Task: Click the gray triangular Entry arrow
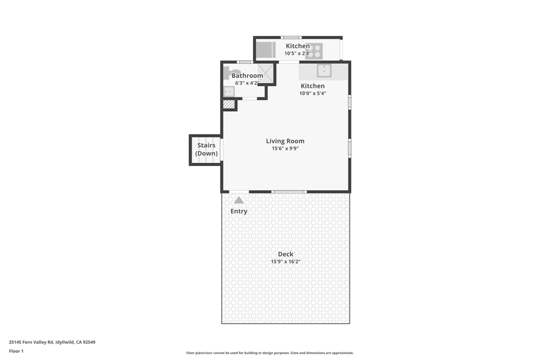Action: (x=239, y=200)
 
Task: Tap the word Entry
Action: (x=239, y=211)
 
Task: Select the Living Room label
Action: (x=285, y=141)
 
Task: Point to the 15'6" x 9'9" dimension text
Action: (x=285, y=149)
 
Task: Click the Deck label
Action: (x=285, y=254)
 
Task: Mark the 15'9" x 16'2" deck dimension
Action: (x=285, y=261)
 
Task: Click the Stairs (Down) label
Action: (x=206, y=149)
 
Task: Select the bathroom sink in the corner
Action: (x=229, y=92)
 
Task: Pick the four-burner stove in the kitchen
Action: (x=314, y=51)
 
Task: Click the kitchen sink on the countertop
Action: (x=324, y=71)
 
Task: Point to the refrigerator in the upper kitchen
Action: (x=266, y=50)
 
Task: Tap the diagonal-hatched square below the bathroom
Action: (x=228, y=104)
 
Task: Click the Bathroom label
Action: (x=247, y=75)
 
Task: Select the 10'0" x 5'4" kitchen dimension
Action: (x=313, y=93)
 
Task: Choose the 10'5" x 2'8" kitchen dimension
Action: (x=298, y=53)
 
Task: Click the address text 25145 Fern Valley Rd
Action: (x=31, y=342)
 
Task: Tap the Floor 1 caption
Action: (x=16, y=351)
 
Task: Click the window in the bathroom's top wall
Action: (x=245, y=62)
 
